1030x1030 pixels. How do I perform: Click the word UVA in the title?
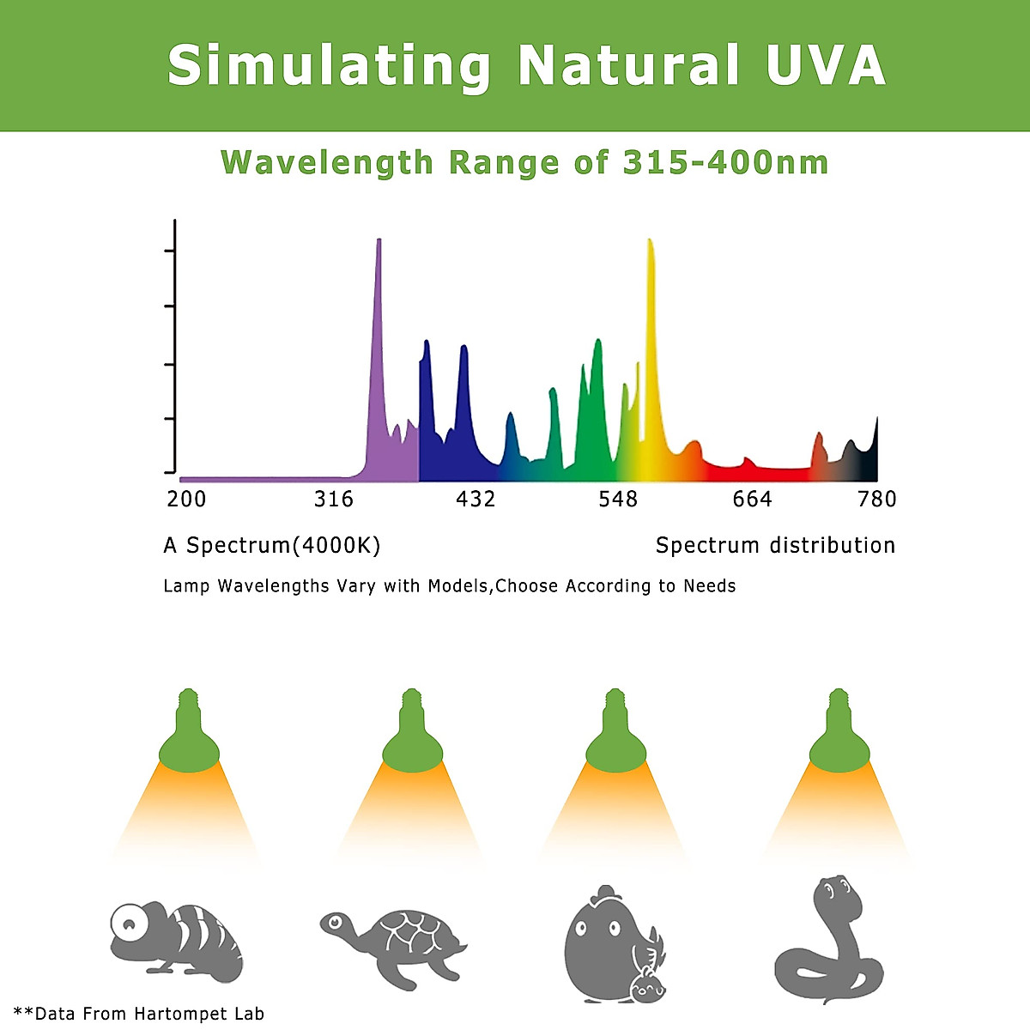(x=826, y=65)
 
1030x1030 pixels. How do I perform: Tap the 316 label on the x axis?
(x=334, y=500)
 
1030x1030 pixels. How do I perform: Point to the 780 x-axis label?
(x=877, y=500)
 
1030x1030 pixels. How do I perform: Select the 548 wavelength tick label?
(x=618, y=500)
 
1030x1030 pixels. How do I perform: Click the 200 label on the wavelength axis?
(x=186, y=500)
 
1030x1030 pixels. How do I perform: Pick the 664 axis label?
(x=753, y=500)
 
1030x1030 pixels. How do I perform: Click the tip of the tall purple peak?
(x=379, y=241)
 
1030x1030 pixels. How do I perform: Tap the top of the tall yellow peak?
(x=649, y=241)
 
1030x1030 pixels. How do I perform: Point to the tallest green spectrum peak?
(x=597, y=342)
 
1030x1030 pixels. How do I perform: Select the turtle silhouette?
(x=394, y=944)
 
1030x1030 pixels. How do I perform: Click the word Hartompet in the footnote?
(x=178, y=1014)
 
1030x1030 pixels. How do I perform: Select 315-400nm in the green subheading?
(x=725, y=163)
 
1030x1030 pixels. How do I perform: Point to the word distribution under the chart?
(x=832, y=546)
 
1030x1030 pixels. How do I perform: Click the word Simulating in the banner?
(x=329, y=65)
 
